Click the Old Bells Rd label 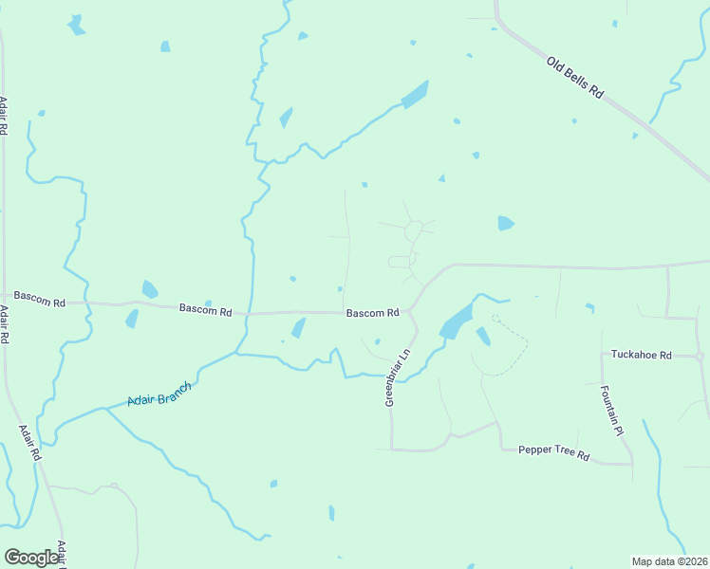[x=575, y=78]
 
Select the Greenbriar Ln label [x=397, y=377]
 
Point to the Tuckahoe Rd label [x=641, y=355]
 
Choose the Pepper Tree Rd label [x=554, y=452]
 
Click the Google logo [x=32, y=558]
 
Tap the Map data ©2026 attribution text [x=669, y=560]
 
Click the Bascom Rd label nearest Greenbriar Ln [x=372, y=313]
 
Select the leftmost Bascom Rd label [x=32, y=302]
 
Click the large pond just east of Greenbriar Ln [x=457, y=321]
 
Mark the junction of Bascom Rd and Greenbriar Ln [x=409, y=311]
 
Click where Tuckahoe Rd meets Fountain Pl [x=602, y=355]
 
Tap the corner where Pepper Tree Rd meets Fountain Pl [x=632, y=464]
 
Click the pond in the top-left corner [x=77, y=26]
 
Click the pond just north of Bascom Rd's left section [x=149, y=289]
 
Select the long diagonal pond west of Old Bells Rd [x=415, y=94]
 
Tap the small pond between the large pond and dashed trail [x=483, y=336]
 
